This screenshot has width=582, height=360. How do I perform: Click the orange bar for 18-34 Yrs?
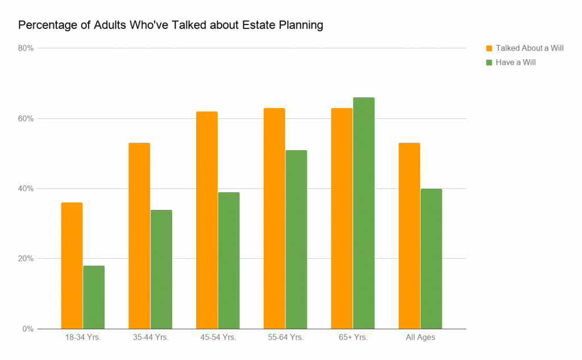tap(72, 266)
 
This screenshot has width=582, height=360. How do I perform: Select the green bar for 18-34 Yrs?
tap(94, 297)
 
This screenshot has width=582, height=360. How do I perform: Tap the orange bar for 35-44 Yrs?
tap(139, 235)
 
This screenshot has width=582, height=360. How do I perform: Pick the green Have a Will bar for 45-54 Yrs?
tap(228, 260)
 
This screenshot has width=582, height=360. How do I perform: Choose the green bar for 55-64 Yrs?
tap(296, 239)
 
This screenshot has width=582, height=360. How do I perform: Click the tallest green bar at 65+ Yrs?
tap(364, 213)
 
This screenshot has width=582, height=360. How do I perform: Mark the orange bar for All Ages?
tap(409, 235)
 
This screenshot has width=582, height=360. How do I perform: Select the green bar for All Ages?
tap(431, 259)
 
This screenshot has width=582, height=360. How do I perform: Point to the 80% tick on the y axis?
tap(26, 48)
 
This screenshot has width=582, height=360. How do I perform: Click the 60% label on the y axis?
tap(26, 118)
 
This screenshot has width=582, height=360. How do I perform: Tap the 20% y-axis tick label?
tap(26, 259)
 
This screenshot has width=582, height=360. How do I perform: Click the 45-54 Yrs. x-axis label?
tap(218, 338)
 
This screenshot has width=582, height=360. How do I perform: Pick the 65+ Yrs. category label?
tap(353, 338)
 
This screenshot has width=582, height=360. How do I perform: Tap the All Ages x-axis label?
tap(420, 338)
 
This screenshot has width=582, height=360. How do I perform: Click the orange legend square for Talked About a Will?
tap(489, 48)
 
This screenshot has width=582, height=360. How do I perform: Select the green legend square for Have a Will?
tap(489, 63)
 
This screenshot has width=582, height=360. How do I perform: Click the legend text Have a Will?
tap(516, 63)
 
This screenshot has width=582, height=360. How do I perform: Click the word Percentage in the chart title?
tap(42, 26)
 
